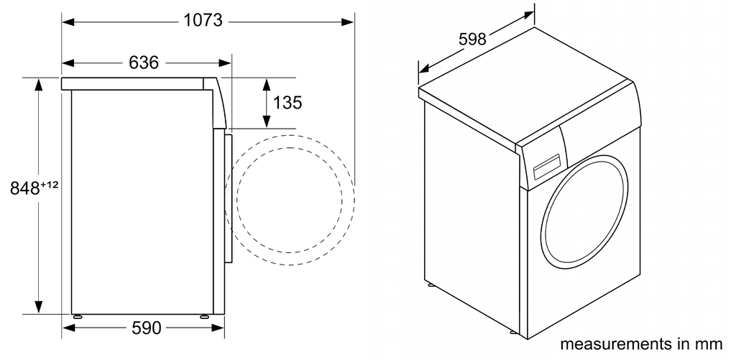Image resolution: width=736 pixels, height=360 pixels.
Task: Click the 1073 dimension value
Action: [203, 21]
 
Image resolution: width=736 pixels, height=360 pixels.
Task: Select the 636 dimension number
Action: [144, 63]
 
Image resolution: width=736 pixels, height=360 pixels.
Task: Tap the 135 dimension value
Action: [287, 103]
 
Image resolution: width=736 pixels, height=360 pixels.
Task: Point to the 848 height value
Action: [24, 189]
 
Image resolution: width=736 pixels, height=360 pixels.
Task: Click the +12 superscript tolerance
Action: [49, 185]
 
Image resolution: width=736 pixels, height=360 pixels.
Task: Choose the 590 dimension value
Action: [146, 328]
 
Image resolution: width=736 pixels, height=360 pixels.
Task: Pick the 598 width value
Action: [472, 39]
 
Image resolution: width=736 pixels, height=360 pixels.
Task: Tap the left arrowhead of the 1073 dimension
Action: [67, 22]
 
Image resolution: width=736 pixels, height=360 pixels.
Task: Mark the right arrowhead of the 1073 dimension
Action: [349, 22]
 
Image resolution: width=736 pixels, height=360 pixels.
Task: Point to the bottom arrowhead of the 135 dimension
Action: [266, 124]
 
